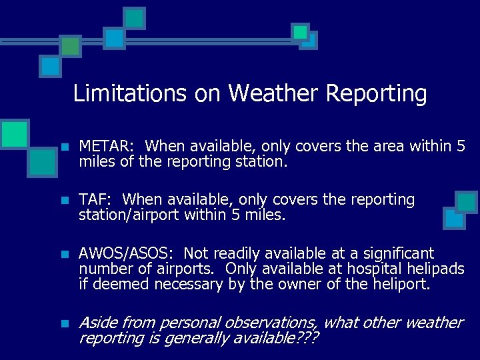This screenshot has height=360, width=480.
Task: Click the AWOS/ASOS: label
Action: (128, 254)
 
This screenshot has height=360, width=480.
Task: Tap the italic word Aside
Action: (96, 323)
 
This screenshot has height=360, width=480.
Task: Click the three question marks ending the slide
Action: (306, 339)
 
